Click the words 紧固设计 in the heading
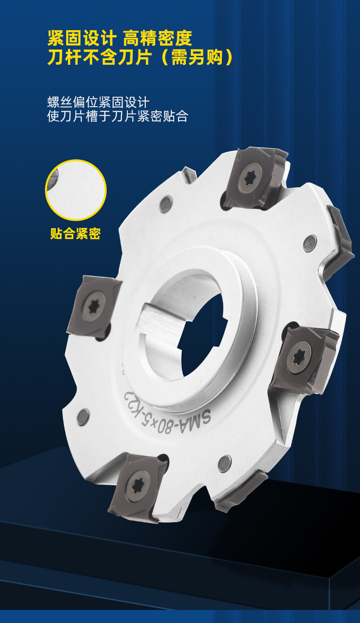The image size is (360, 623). [82, 38]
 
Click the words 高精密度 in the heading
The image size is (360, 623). [157, 38]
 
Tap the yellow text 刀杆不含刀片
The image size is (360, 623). [99, 57]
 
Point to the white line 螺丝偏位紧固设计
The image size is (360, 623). [99, 102]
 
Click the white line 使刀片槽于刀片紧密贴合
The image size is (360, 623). [118, 116]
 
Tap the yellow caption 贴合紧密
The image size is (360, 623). [75, 233]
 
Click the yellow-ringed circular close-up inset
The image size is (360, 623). [76, 190]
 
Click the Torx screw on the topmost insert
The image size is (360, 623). [250, 177]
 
